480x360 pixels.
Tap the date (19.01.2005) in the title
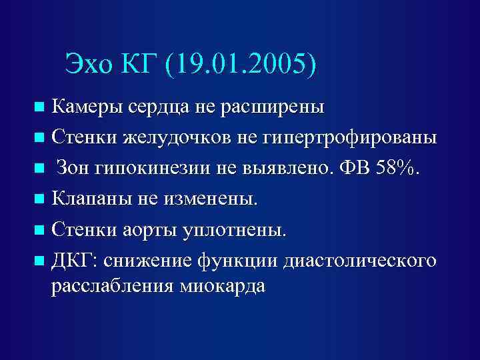245,65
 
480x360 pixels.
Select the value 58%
399,168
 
